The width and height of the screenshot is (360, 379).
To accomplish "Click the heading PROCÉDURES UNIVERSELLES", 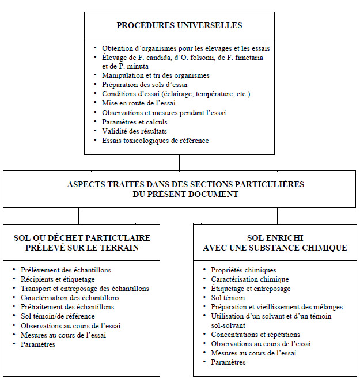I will pyautogui.click(x=179, y=26).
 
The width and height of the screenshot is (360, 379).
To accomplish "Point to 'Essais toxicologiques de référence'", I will pyautogui.click(x=155, y=140).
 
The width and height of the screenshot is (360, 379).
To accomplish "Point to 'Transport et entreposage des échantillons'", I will pyautogui.click(x=84, y=289).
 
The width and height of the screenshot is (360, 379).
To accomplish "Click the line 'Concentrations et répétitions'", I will pyautogui.click(x=256, y=335).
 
